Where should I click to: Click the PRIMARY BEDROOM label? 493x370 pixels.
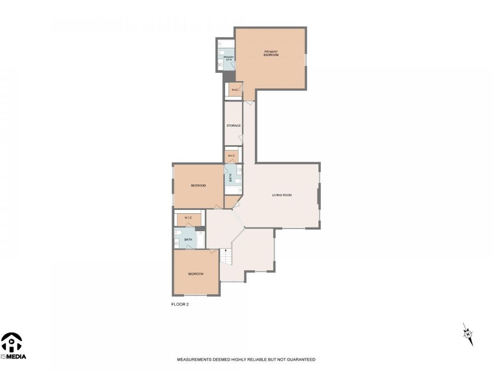click(x=271, y=53)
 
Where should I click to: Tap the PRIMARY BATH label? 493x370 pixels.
click(x=228, y=58)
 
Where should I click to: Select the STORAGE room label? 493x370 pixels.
click(x=234, y=126)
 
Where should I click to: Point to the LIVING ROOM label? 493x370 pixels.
click(x=282, y=195)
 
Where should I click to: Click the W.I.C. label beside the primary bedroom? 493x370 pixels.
click(x=234, y=89)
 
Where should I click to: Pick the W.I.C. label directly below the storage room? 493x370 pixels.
click(x=232, y=156)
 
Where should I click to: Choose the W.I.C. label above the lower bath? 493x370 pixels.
click(x=188, y=218)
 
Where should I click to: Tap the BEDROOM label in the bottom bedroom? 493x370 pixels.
click(x=196, y=274)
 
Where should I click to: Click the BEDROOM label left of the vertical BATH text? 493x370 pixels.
click(x=198, y=185)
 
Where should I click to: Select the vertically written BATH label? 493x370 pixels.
click(x=231, y=178)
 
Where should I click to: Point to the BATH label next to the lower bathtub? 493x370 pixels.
click(x=188, y=240)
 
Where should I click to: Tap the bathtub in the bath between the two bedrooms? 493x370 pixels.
click(x=200, y=239)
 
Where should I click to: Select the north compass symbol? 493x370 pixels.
click(x=467, y=334)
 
